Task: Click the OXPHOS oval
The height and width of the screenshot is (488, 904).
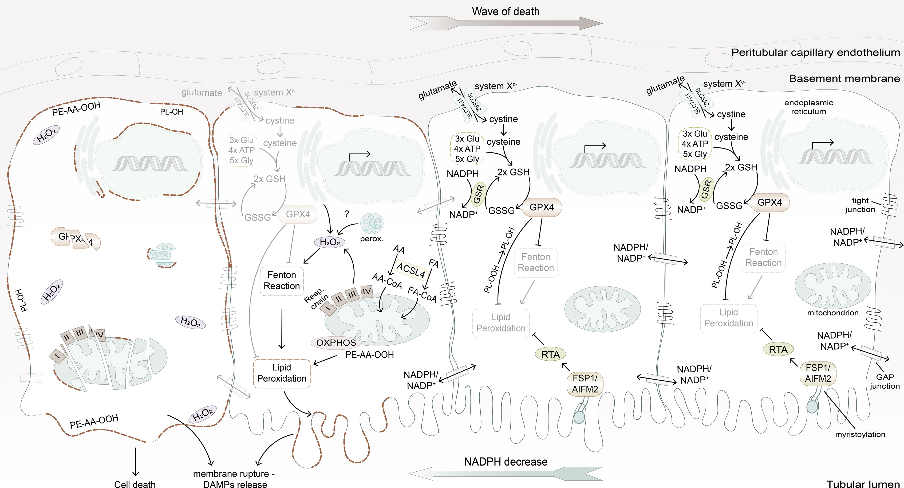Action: click(x=336, y=343)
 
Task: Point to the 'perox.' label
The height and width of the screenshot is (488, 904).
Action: click(x=371, y=239)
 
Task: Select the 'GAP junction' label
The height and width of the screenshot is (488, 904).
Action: click(x=884, y=381)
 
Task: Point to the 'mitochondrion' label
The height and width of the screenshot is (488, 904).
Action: click(x=832, y=313)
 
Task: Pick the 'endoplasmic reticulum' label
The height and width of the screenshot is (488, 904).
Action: click(x=808, y=107)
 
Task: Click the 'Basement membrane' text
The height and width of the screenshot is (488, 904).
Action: click(x=844, y=78)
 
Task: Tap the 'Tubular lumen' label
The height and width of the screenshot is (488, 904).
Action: click(x=863, y=484)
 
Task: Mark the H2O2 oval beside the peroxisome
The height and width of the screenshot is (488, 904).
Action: click(x=330, y=242)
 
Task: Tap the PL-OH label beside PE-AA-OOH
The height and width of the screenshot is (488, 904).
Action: click(x=171, y=112)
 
